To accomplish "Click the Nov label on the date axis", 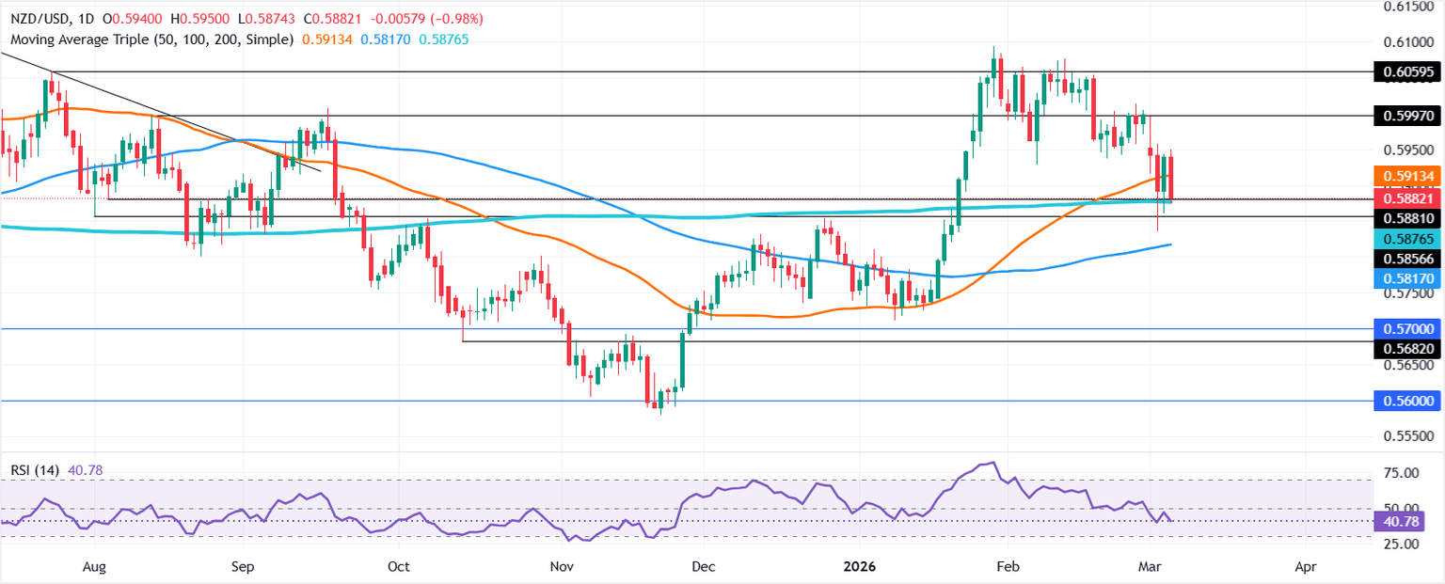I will click(x=562, y=568).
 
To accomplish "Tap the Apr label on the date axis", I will click(x=1305, y=568).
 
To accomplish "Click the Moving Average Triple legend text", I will click(x=150, y=39).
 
